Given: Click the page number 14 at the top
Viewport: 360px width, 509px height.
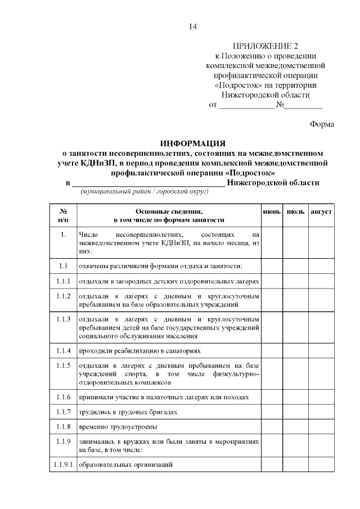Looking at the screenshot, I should (x=193, y=26).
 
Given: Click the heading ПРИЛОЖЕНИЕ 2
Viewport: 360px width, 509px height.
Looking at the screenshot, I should (x=265, y=46).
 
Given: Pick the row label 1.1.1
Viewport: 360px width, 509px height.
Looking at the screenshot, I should (x=64, y=281).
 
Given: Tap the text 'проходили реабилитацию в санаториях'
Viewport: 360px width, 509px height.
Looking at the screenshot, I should (x=139, y=350).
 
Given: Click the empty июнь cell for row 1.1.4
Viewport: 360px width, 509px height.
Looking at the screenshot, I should (x=272, y=350).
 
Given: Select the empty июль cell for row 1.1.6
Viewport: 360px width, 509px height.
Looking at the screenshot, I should (x=296, y=397).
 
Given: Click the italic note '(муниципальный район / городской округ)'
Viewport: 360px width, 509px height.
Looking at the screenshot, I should (x=145, y=192).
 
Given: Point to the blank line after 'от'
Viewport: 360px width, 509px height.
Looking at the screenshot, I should (x=246, y=105).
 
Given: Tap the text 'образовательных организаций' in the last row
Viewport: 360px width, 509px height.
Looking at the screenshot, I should (x=125, y=465).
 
